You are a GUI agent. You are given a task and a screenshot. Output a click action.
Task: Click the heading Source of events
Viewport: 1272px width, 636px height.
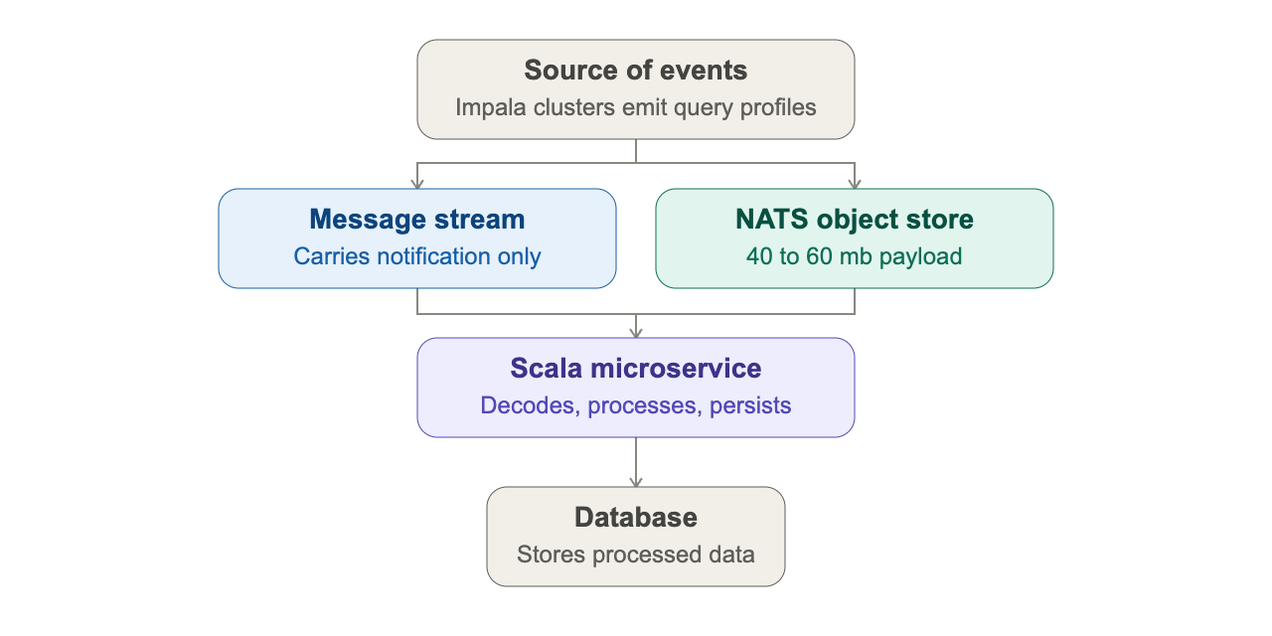[635, 71]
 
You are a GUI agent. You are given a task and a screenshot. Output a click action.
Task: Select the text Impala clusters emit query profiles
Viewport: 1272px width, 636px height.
[635, 108]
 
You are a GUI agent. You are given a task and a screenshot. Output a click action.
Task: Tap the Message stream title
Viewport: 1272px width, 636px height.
[416, 220]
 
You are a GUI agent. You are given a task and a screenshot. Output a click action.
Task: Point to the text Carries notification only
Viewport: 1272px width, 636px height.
[416, 256]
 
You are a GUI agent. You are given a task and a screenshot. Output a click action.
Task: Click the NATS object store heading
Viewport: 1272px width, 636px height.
[854, 220]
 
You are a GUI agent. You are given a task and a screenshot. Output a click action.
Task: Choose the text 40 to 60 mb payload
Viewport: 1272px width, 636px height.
[854, 256]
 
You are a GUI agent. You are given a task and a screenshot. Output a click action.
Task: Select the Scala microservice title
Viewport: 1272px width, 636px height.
[635, 369]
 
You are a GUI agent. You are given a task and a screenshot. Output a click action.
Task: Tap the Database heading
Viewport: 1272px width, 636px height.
[635, 518]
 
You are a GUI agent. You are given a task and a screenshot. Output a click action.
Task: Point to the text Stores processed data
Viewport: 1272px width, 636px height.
[635, 555]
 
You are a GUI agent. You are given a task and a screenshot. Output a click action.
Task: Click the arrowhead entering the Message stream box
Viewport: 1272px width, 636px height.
[417, 184]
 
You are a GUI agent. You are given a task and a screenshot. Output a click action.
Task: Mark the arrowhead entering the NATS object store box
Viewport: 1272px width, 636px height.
[855, 184]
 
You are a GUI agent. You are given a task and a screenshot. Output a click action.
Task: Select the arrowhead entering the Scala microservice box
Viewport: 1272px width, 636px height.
[636, 333]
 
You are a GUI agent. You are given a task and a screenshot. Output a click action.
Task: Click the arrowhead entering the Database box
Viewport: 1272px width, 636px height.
[636, 482]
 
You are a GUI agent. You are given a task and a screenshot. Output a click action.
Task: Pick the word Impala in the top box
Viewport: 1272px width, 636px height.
[491, 108]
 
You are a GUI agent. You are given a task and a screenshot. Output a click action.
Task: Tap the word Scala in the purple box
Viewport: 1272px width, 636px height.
[547, 369]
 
